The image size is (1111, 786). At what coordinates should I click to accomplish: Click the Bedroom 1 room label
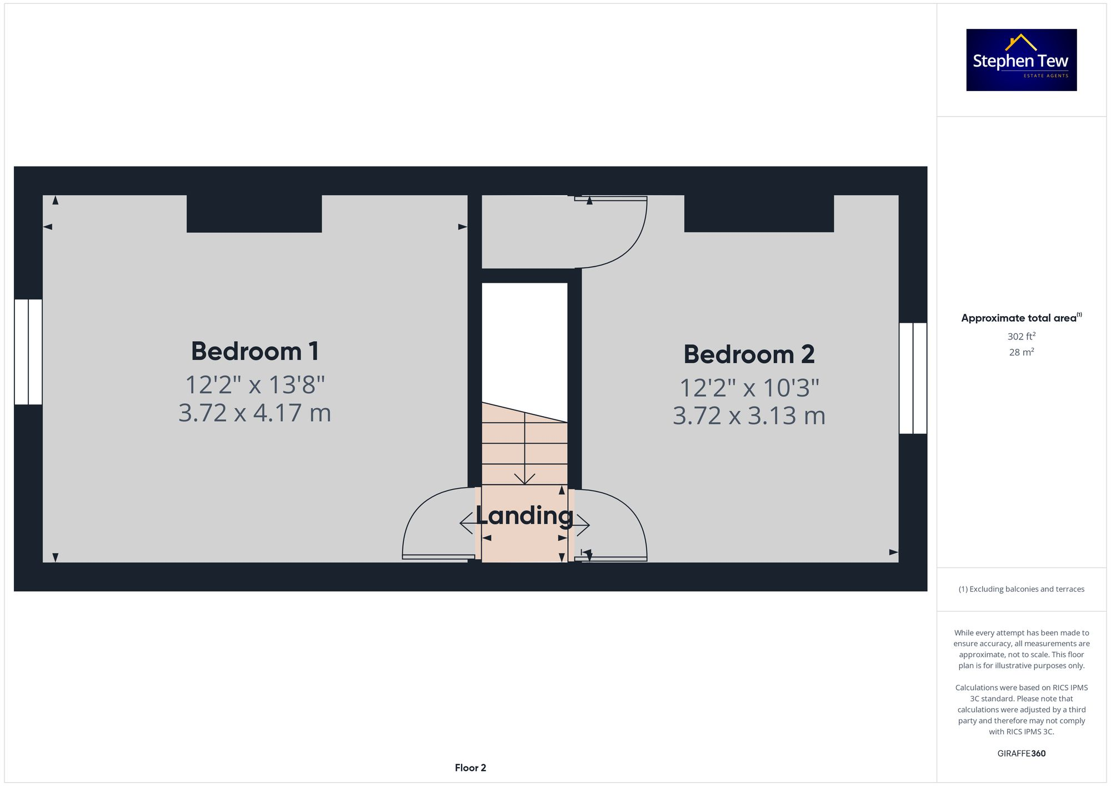point(255,351)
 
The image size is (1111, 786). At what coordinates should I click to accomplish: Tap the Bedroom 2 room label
point(749,354)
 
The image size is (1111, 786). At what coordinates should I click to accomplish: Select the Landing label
point(524,515)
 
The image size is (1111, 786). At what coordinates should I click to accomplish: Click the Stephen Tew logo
point(1021,60)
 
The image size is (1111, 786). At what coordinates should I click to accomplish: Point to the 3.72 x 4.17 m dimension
point(255,413)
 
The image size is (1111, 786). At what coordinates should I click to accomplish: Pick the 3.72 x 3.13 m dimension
point(749,415)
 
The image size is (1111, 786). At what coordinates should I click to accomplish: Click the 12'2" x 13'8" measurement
point(255,384)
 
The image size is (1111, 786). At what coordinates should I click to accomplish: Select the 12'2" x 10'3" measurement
point(749,388)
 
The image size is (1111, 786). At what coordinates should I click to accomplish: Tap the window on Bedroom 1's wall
point(28,352)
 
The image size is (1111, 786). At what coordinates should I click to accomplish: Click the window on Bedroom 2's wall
point(913,378)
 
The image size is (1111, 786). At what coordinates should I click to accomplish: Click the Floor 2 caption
point(470,768)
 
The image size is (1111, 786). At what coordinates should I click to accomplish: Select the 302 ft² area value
point(1021,336)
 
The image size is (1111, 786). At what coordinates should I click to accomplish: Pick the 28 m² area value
point(1021,352)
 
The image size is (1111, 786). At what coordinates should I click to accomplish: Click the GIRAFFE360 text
point(1021,753)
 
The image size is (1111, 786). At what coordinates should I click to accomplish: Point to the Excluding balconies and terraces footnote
point(1021,589)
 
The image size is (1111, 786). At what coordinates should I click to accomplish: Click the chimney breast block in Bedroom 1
point(254,213)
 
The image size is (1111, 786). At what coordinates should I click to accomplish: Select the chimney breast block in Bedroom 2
point(759,213)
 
